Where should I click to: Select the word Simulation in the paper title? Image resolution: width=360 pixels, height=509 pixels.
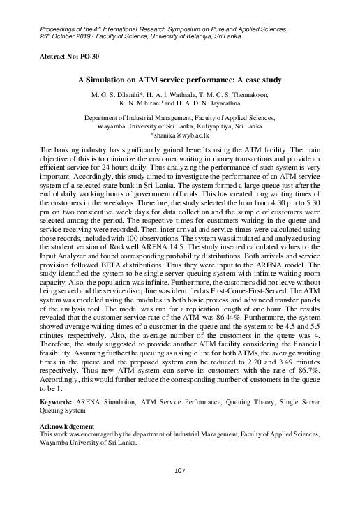(135, 80)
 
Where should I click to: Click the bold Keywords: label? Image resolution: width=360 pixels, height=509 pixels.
(57, 404)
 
